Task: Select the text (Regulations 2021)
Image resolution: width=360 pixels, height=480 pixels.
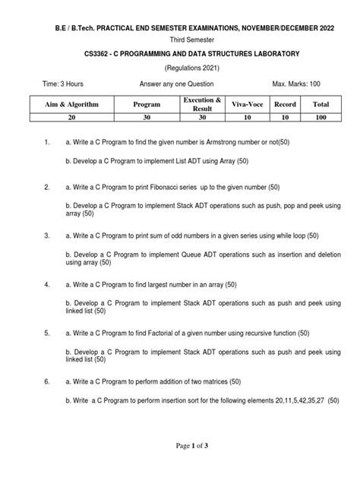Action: click(181, 68)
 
